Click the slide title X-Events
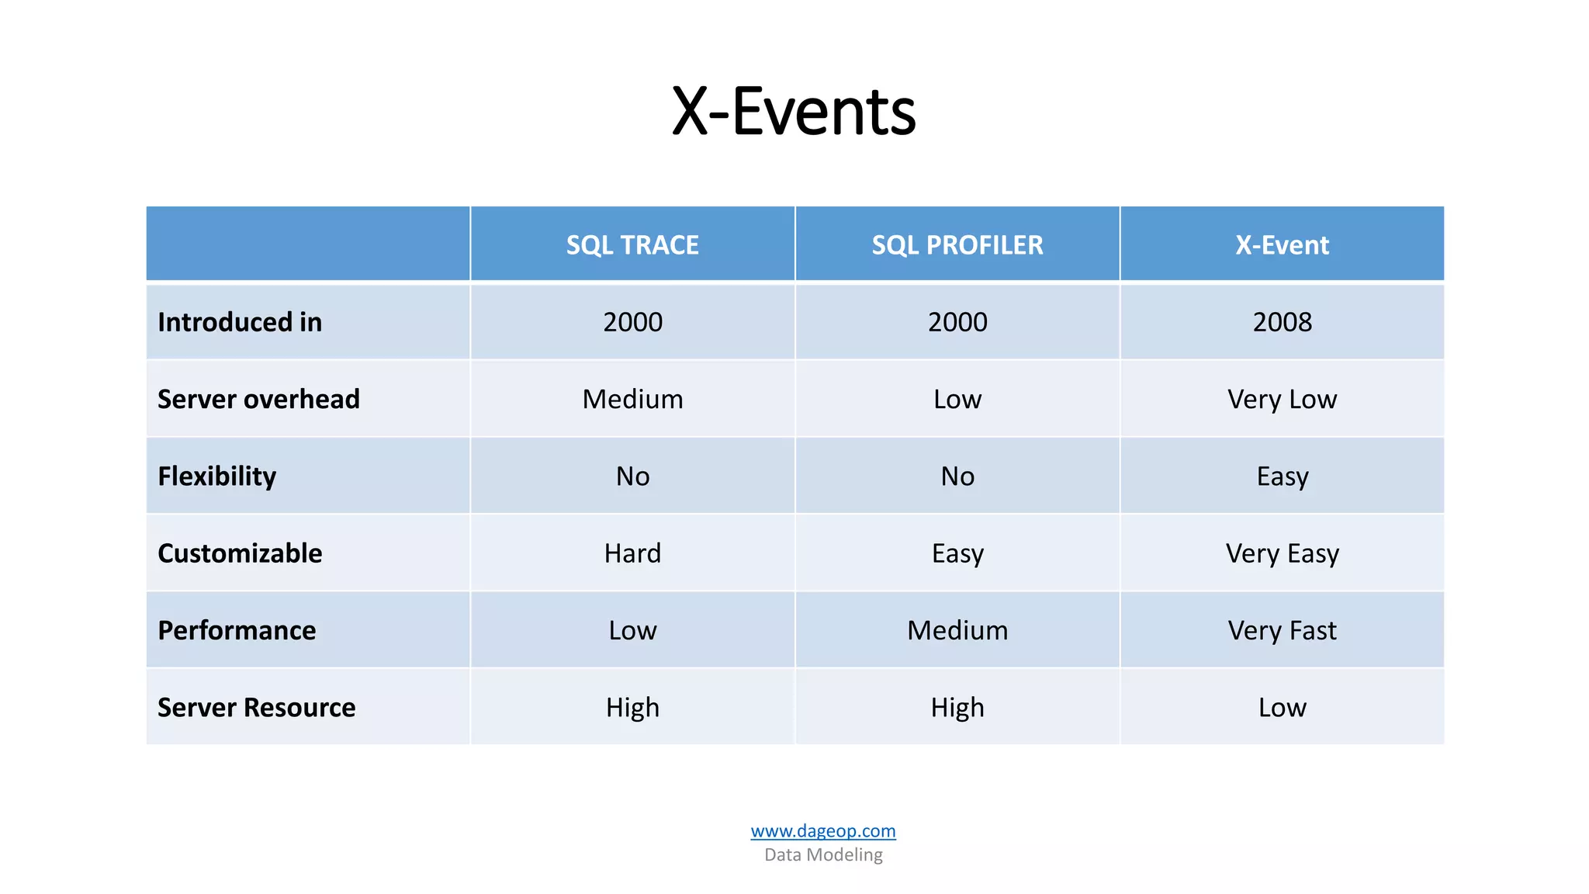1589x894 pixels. [x=794, y=112]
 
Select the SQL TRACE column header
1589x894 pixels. [x=632, y=245]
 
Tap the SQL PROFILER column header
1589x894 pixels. [x=957, y=245]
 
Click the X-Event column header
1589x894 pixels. [x=1282, y=245]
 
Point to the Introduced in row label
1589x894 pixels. [x=240, y=322]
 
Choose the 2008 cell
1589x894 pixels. [x=1282, y=322]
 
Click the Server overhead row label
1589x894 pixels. [x=258, y=399]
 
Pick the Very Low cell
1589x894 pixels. [x=1282, y=399]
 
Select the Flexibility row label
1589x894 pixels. [x=216, y=476]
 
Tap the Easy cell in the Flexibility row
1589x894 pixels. [x=1282, y=476]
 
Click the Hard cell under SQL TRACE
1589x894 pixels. [x=632, y=553]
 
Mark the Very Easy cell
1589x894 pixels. [x=1282, y=553]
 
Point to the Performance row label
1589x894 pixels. [x=237, y=630]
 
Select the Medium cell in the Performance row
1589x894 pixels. [x=957, y=630]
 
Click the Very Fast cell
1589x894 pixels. [x=1282, y=630]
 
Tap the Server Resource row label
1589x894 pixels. [x=256, y=707]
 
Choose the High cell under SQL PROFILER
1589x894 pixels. [x=957, y=707]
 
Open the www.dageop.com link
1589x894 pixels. [x=822, y=831]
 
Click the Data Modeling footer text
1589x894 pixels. [x=822, y=854]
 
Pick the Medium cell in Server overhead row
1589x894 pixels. [x=632, y=399]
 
